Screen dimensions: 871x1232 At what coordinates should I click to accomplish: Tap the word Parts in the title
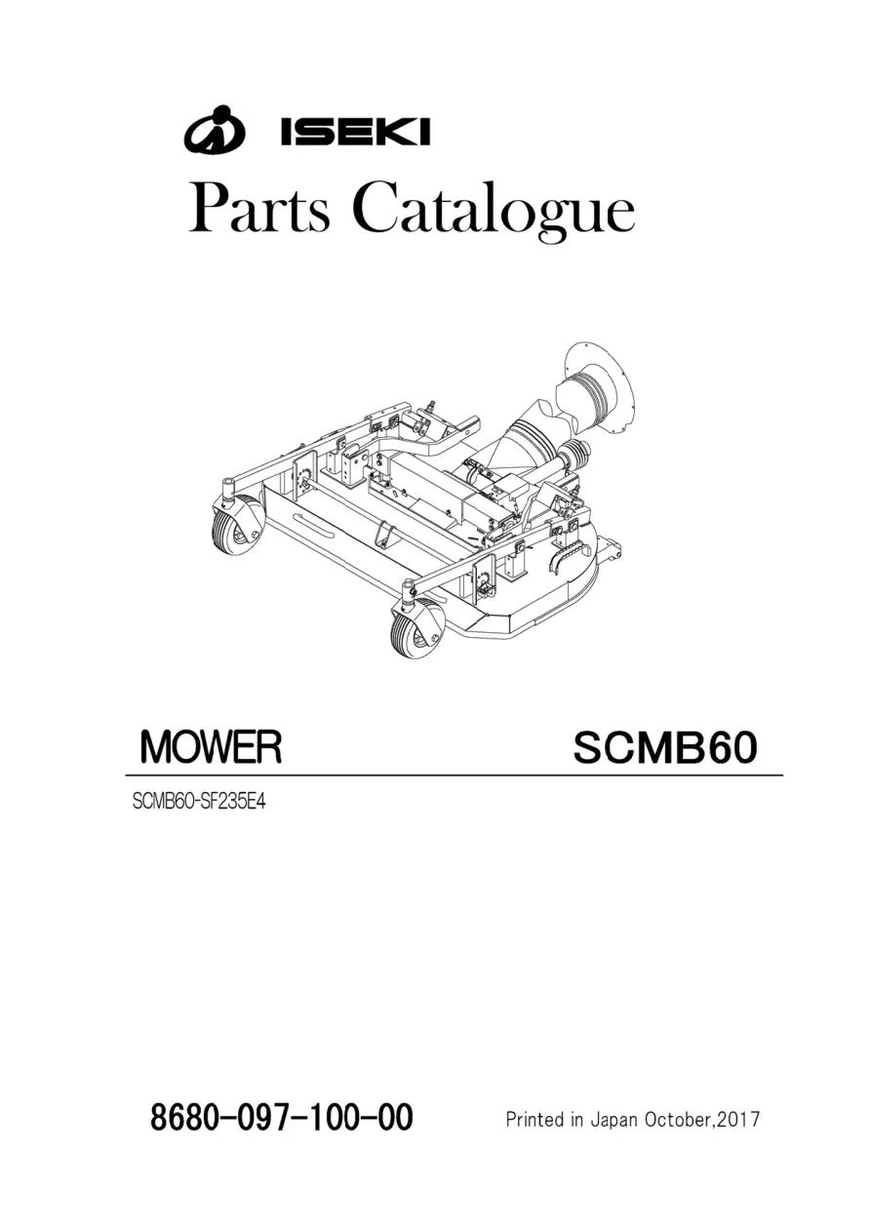pyautogui.click(x=259, y=210)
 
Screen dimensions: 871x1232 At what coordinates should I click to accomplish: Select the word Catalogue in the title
pyautogui.click(x=494, y=213)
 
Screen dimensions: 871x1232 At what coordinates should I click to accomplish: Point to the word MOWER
pyautogui.click(x=212, y=746)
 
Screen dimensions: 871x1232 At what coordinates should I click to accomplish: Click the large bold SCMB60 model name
pyautogui.click(x=665, y=747)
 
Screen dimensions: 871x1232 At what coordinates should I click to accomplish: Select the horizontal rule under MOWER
pyautogui.click(x=455, y=775)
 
